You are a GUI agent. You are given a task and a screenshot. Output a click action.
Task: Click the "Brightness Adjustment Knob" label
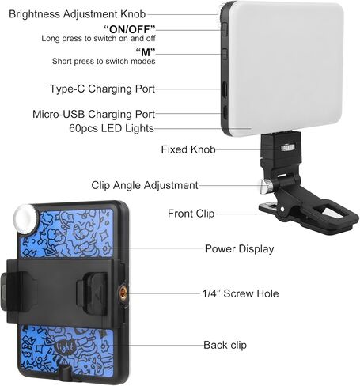click(x=77, y=14)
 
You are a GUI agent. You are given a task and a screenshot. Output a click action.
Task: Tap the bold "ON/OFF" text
click(x=130, y=28)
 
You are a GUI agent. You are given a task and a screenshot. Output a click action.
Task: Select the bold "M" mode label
click(x=146, y=52)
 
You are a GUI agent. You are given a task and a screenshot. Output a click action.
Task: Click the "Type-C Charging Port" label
click(x=102, y=89)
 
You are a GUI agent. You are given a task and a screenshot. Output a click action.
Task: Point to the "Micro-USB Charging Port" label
click(x=93, y=114)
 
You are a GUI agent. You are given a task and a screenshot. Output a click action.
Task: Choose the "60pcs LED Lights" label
click(x=112, y=128)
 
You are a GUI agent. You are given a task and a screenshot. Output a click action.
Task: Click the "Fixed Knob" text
click(x=188, y=149)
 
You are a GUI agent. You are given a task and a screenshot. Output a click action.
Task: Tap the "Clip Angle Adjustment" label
click(x=145, y=185)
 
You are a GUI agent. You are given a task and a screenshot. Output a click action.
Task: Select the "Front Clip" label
click(x=191, y=214)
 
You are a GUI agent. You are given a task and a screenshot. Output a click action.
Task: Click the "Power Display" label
click(x=239, y=248)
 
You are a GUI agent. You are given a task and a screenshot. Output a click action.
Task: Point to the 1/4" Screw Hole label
click(x=241, y=293)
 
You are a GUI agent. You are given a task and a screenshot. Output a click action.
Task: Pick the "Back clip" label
click(x=225, y=345)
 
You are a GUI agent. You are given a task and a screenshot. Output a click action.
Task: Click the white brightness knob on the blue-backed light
click(x=25, y=219)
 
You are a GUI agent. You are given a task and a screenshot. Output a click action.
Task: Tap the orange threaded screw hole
click(x=123, y=293)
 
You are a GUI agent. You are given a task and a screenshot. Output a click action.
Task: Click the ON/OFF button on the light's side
click(x=225, y=28)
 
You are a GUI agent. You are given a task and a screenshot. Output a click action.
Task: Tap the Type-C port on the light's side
click(x=225, y=89)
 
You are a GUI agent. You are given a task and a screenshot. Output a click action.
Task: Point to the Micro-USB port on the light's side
click(x=225, y=112)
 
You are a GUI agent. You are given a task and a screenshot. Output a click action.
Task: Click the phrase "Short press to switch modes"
click(x=104, y=61)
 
